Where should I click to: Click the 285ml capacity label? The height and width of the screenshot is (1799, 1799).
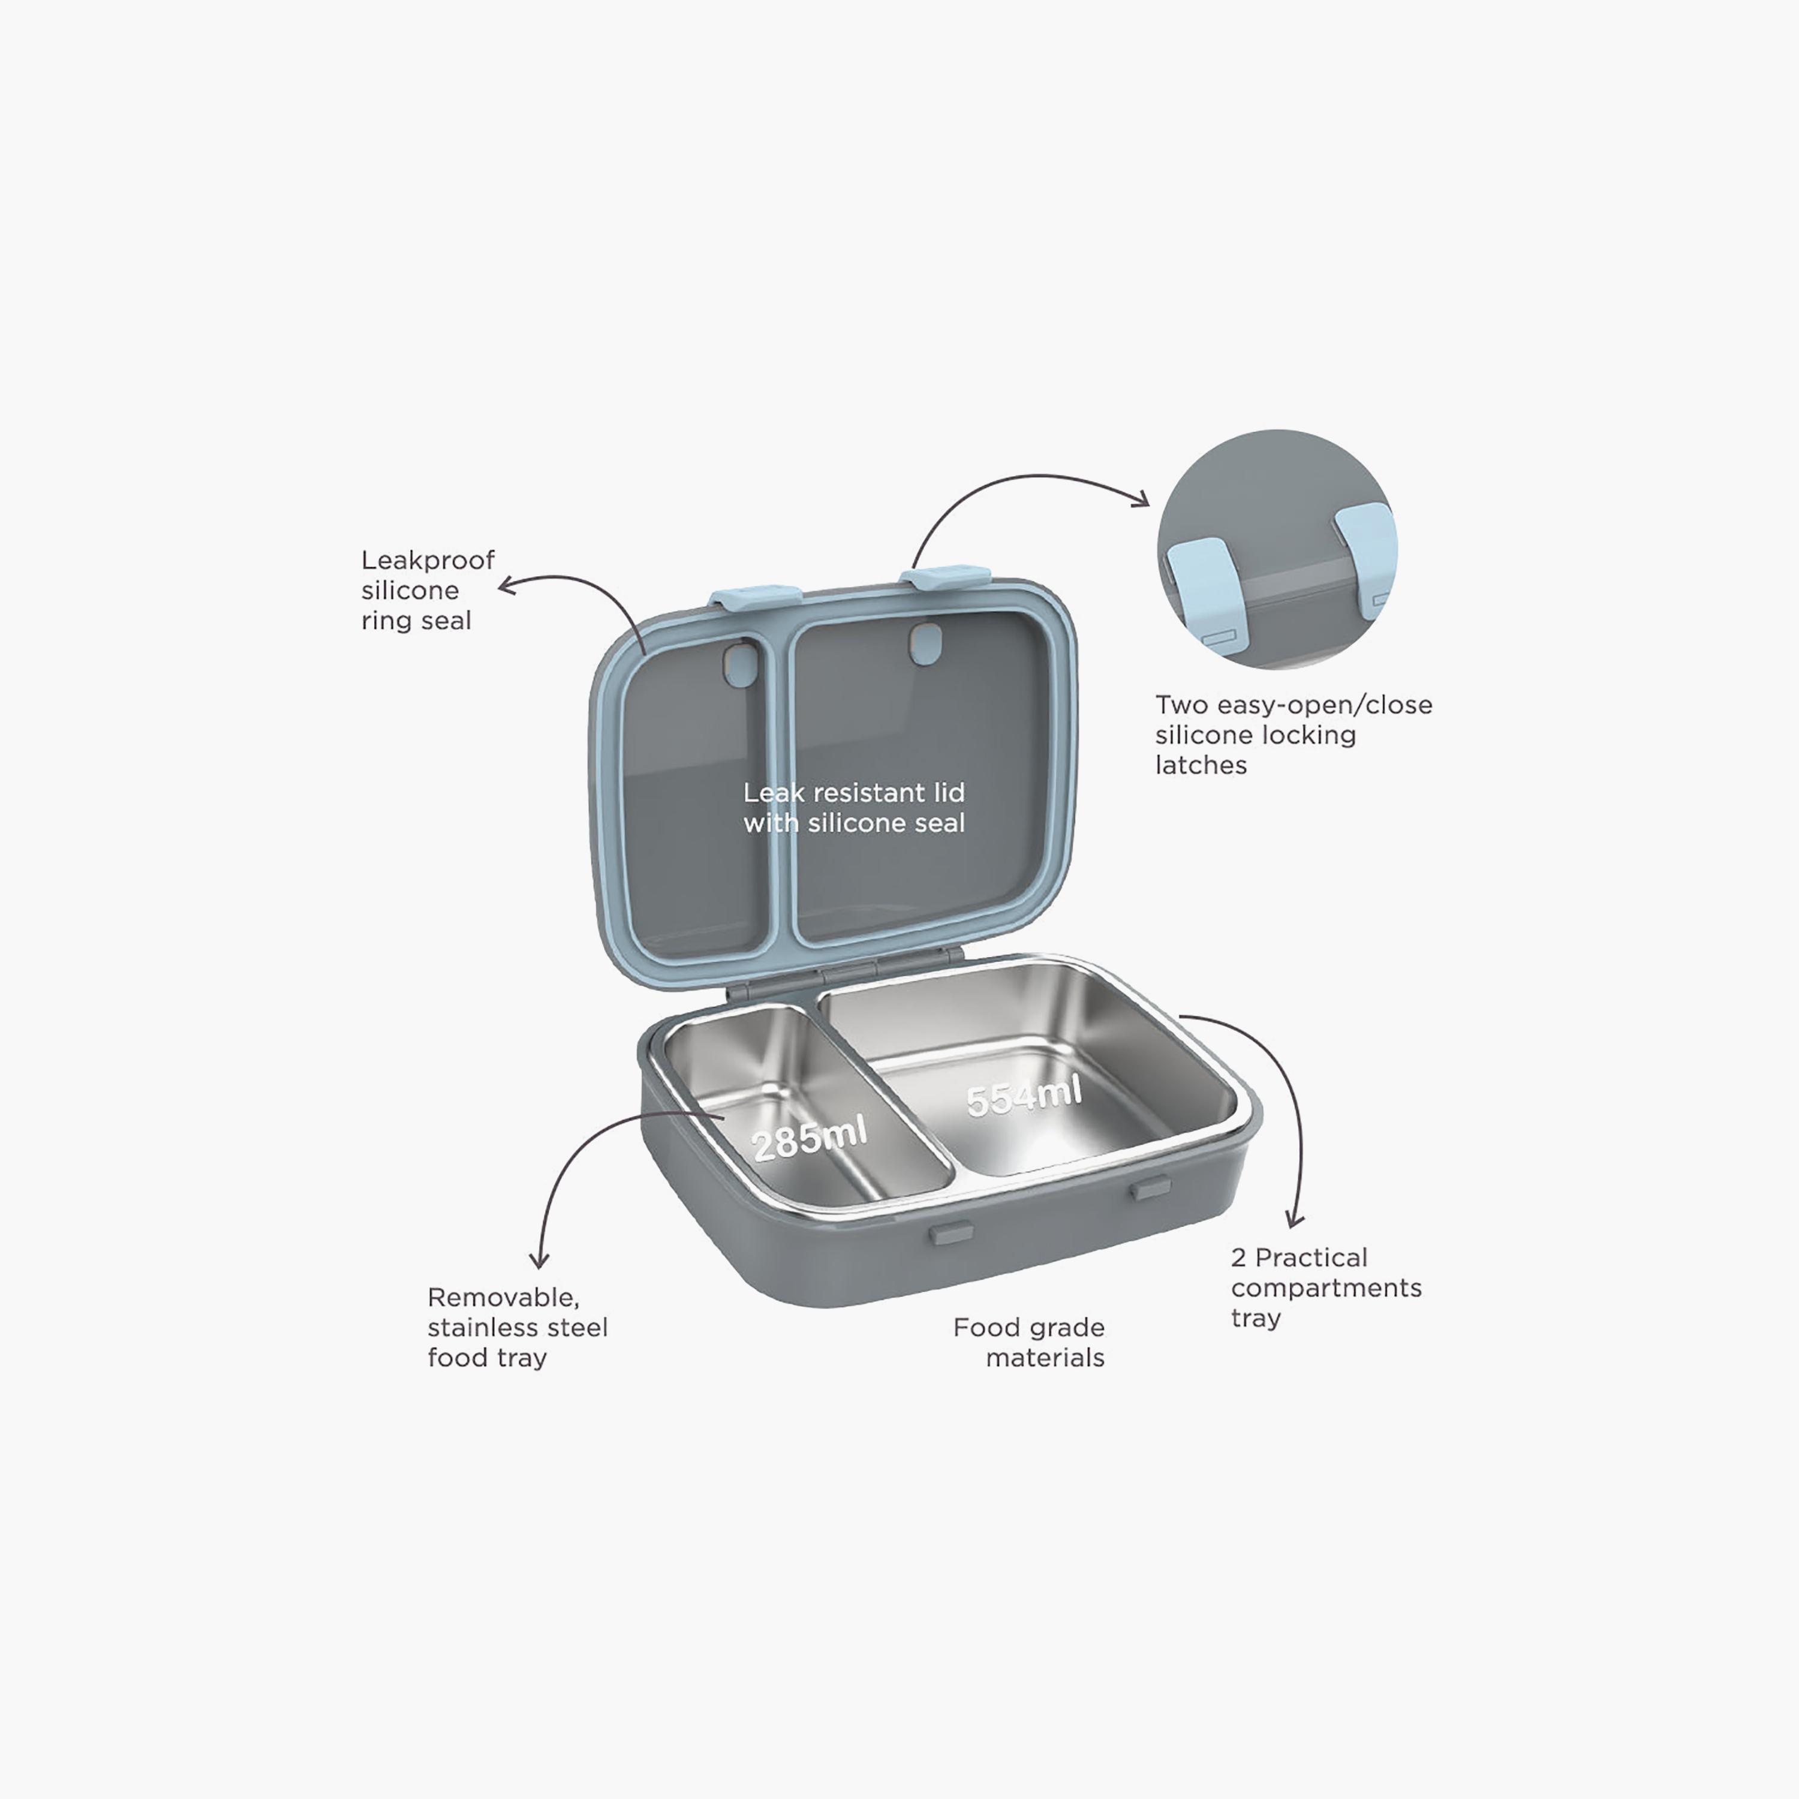809,1138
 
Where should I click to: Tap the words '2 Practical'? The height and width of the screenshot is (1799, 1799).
1299,1258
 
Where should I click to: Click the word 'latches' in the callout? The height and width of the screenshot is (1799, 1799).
1201,765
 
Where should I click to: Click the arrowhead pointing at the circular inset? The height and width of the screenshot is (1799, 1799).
1141,498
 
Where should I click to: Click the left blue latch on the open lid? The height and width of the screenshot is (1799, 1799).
756,596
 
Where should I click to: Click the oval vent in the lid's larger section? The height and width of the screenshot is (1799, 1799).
925,645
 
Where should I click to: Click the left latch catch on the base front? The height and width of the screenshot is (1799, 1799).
950,1233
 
